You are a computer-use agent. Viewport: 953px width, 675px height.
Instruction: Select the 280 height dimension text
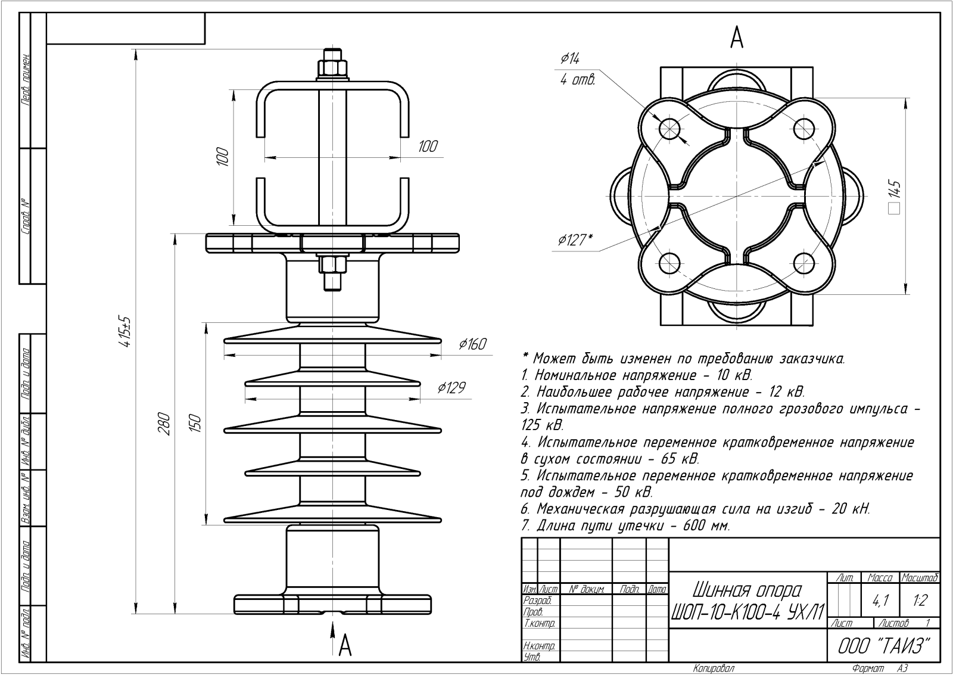[x=164, y=424]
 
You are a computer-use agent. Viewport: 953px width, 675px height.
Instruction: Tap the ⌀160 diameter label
[x=472, y=344]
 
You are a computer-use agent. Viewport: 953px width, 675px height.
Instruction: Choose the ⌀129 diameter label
[x=451, y=388]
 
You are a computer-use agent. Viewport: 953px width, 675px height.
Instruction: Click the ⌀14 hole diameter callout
[x=570, y=58]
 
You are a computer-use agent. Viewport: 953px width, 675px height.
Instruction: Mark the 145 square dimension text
[x=895, y=197]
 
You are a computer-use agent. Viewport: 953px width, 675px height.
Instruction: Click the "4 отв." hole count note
[x=577, y=80]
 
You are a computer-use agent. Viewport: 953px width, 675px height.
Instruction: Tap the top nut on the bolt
[x=332, y=68]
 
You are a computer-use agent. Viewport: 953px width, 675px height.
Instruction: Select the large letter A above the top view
[x=736, y=38]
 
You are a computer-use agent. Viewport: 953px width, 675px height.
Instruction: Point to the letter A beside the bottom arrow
[x=345, y=646]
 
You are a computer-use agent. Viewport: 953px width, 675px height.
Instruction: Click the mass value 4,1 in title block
[x=880, y=601]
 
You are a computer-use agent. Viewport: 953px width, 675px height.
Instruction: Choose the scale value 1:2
[x=920, y=601]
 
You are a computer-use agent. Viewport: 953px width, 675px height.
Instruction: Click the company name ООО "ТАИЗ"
[x=884, y=646]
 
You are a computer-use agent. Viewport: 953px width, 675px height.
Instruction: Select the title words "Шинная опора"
[x=747, y=590]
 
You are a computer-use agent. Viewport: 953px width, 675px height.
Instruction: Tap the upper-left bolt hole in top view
[x=669, y=127]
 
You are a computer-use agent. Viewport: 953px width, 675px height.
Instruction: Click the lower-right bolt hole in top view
[x=803, y=263]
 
